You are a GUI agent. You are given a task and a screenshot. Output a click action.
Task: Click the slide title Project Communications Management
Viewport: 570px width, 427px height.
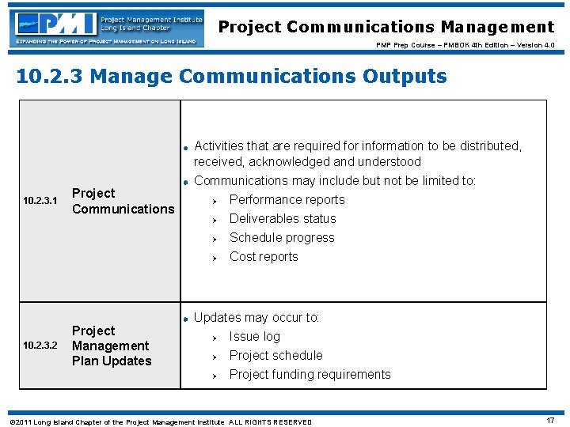point(386,27)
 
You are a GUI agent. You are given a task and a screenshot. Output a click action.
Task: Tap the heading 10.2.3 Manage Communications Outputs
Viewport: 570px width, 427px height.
point(231,77)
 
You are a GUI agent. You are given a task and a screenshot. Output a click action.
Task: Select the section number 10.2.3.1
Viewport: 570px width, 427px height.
point(40,202)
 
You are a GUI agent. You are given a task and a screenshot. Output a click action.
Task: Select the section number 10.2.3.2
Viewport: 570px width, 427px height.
point(40,346)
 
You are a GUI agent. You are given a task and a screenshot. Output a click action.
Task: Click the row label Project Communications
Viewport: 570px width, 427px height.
point(122,201)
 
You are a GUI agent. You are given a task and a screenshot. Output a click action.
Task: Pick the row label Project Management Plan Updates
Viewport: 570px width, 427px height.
point(111,346)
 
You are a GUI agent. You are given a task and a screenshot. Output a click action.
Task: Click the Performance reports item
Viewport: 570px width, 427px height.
point(287,200)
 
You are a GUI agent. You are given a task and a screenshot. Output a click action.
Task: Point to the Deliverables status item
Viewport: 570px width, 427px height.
point(283,219)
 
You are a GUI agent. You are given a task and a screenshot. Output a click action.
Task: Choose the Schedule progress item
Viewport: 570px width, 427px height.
point(282,238)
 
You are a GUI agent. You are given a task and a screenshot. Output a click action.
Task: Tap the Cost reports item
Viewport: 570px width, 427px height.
point(264,257)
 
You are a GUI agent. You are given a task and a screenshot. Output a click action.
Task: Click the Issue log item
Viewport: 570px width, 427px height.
point(254,337)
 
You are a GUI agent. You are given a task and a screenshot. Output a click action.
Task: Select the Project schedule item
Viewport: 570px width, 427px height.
point(275,356)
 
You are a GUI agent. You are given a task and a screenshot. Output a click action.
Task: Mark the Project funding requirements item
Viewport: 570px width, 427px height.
point(310,375)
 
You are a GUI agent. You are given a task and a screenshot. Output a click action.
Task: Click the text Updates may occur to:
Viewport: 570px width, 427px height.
point(256,318)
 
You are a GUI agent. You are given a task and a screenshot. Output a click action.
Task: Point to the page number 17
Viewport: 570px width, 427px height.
point(549,421)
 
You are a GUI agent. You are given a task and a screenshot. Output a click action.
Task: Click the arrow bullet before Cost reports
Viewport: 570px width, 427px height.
point(214,258)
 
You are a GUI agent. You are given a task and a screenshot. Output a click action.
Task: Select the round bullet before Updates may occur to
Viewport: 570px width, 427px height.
point(184,319)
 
